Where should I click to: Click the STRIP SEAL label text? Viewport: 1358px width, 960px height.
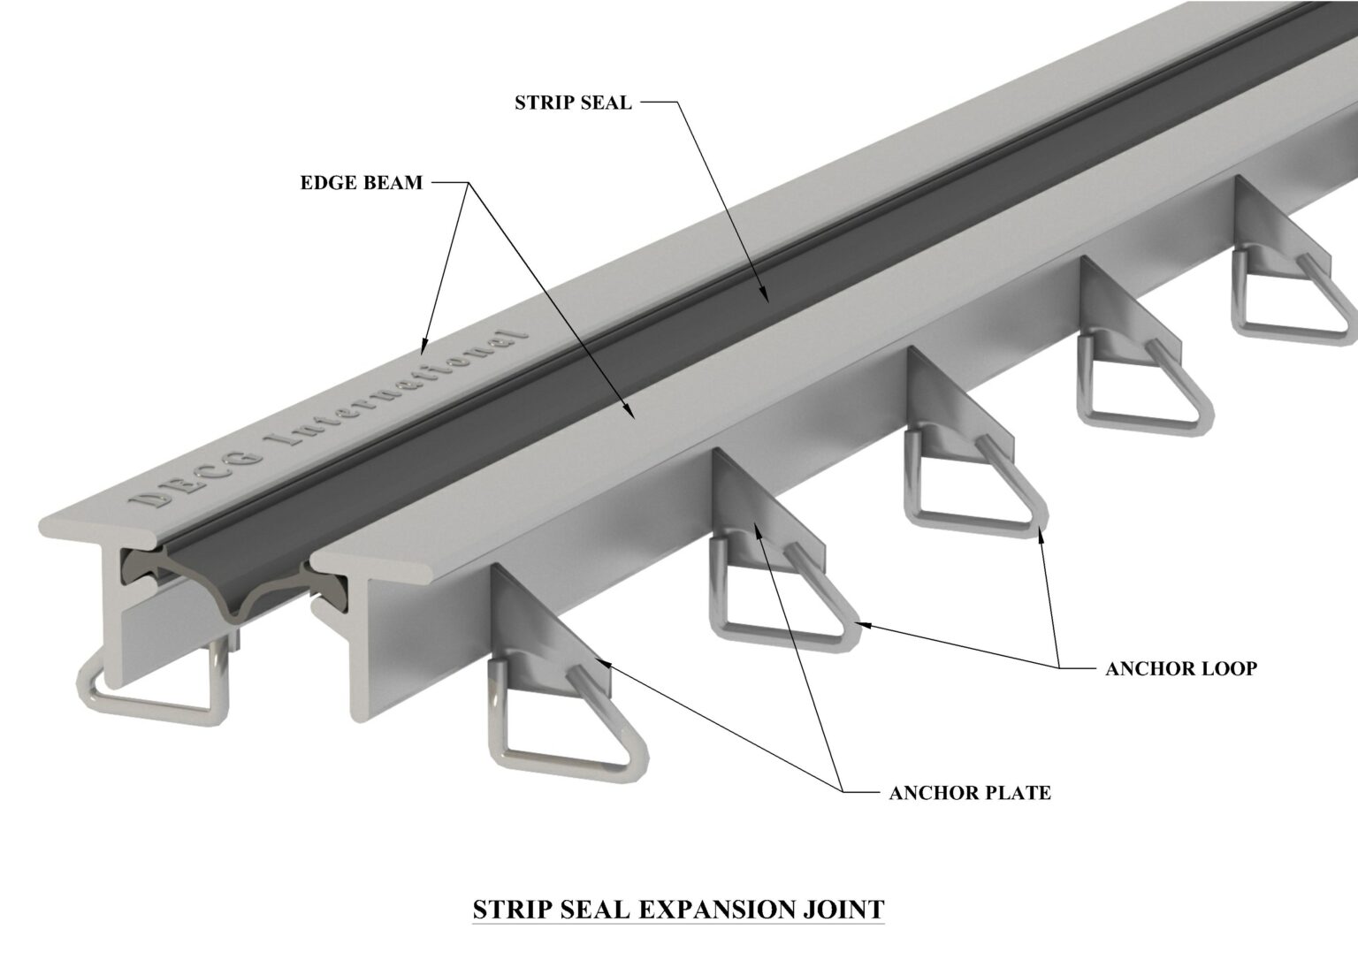point(573,103)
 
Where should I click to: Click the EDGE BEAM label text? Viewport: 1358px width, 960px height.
point(361,183)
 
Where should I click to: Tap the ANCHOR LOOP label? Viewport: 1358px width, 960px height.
point(1180,668)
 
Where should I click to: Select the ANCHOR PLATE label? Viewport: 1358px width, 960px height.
point(969,792)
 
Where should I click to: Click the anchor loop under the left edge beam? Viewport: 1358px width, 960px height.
point(150,690)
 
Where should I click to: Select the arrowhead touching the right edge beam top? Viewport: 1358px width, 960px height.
point(629,411)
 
